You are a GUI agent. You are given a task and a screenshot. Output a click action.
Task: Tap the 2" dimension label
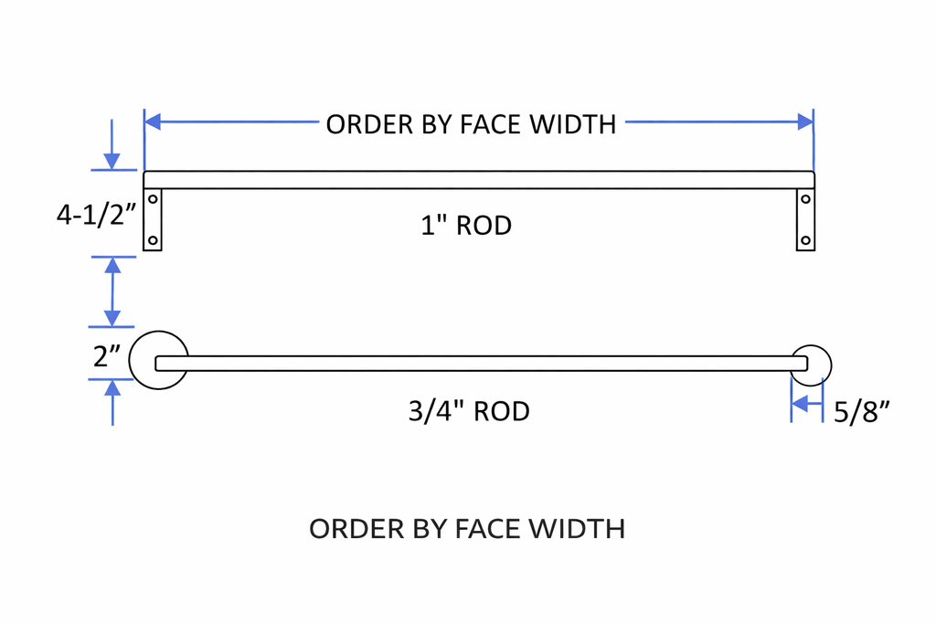[108, 356]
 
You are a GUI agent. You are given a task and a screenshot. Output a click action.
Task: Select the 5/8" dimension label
[861, 413]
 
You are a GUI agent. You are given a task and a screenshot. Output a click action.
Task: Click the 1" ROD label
[466, 225]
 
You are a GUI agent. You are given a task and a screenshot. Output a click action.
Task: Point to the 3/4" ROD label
[469, 411]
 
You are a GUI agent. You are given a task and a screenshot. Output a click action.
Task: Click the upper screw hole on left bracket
[153, 198]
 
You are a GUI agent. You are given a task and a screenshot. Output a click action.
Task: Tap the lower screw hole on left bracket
[153, 240]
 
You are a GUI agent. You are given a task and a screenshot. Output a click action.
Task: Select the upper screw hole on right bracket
[805, 198]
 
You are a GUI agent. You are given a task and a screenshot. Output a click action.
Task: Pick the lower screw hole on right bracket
[805, 240]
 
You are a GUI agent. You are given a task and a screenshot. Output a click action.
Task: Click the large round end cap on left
[157, 359]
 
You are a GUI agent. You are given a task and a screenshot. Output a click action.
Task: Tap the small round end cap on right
[813, 365]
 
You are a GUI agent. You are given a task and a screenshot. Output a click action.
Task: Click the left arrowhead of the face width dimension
[153, 122]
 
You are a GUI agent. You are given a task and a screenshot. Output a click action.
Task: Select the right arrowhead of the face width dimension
[804, 122]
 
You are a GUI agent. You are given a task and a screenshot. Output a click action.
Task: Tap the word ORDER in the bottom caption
[344, 528]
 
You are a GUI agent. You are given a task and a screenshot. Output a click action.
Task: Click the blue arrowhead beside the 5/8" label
[801, 404]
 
